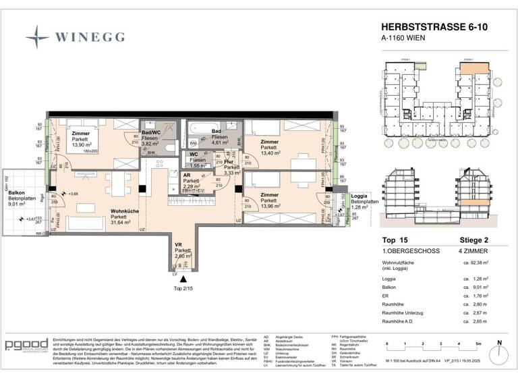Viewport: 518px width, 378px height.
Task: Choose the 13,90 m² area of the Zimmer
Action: click(x=81, y=145)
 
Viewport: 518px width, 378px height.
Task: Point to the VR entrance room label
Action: click(x=179, y=244)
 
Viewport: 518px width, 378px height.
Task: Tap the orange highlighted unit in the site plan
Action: click(x=468, y=68)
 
